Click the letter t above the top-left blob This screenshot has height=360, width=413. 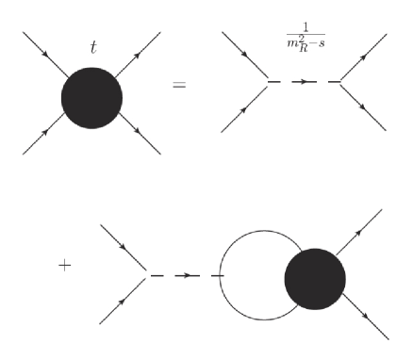click(92, 46)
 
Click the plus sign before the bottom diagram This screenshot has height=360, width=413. click(64, 265)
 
